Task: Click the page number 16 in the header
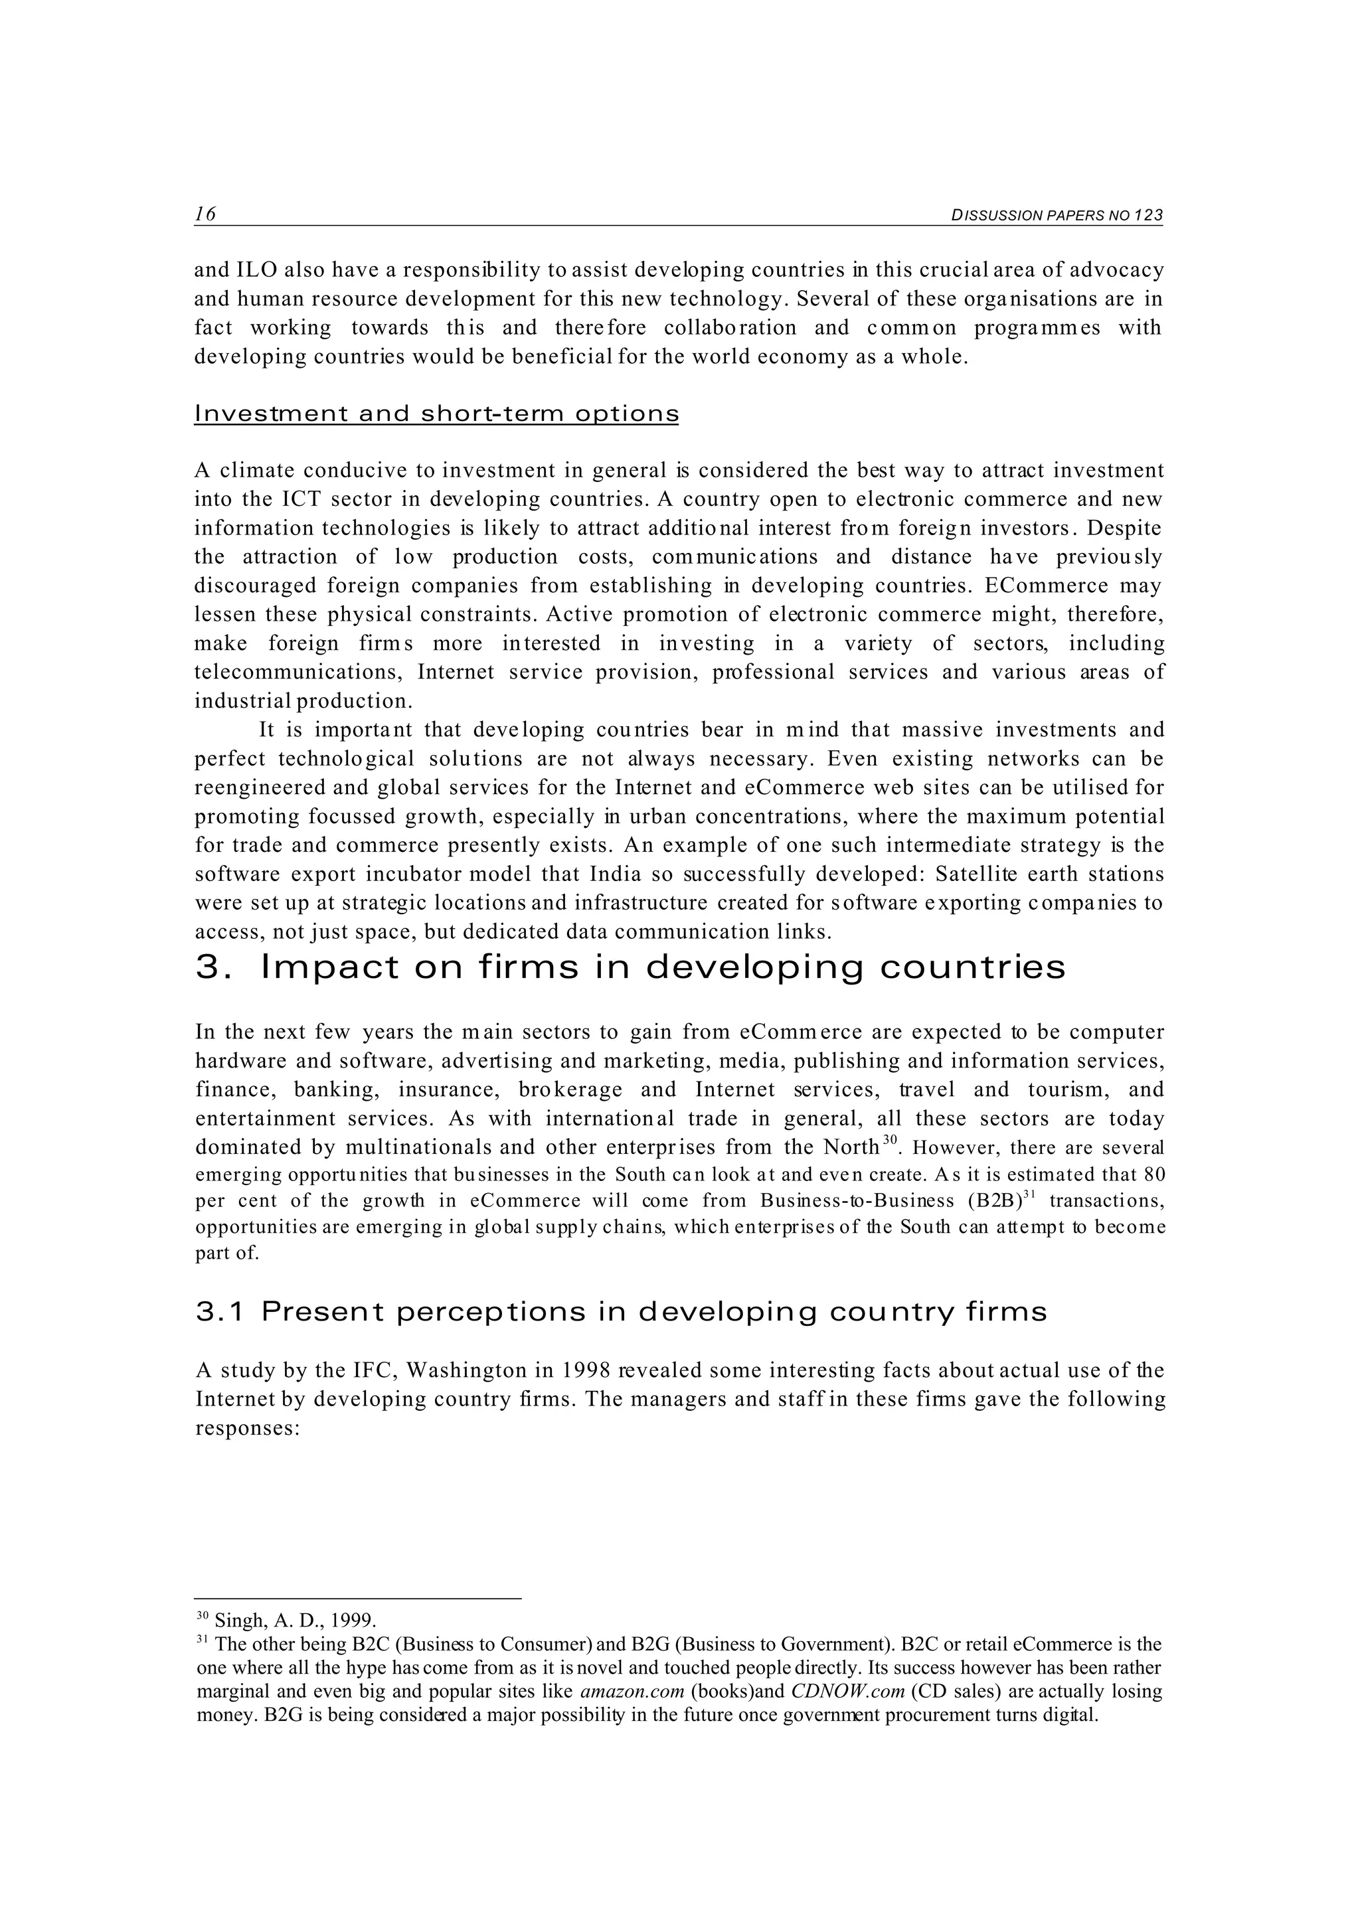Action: point(205,214)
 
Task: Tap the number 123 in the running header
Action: point(1149,215)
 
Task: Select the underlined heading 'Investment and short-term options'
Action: point(436,414)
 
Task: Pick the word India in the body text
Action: point(616,874)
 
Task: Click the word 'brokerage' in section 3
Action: point(570,1089)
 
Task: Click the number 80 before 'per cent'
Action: point(1153,1173)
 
